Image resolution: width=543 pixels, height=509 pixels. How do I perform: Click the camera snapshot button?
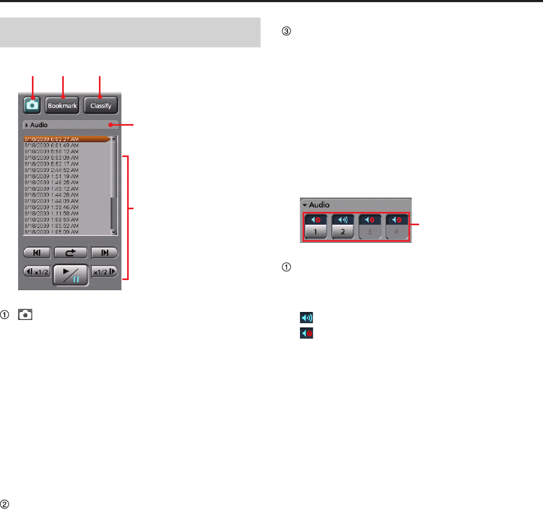tap(32, 105)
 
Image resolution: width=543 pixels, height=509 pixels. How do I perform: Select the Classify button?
tap(100, 105)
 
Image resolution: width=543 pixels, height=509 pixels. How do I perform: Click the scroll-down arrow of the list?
tap(113, 232)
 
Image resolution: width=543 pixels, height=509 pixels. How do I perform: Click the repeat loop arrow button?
tap(70, 252)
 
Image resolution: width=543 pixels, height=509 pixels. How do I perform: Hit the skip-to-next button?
tap(104, 252)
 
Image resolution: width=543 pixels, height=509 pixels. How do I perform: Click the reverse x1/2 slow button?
tap(37, 272)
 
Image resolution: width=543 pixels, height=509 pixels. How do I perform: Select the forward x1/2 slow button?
tap(104, 272)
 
